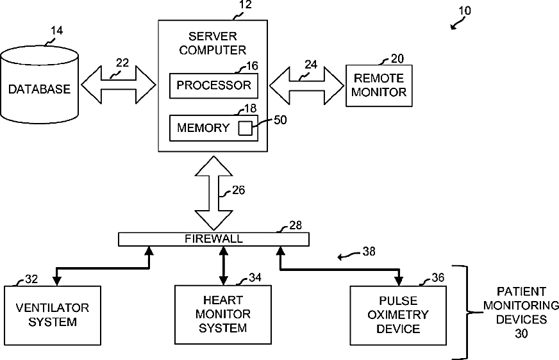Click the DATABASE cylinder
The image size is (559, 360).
pos(39,85)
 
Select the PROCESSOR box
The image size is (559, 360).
pos(213,86)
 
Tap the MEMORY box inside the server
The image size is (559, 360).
pos(213,128)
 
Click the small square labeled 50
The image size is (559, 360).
pos(246,128)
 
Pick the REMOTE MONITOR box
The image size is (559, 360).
pos(379,85)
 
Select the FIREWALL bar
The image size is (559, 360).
pos(213,239)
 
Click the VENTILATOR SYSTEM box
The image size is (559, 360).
pos(53,315)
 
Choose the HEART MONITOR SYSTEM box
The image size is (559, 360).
pos(223,315)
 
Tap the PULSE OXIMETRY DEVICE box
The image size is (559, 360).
pos(398,315)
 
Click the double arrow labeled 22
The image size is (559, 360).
pos(119,85)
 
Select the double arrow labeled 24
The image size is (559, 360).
pos(306,85)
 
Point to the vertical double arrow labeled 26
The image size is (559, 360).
pos(213,193)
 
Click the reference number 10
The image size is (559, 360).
pos(465,11)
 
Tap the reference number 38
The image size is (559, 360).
pos(369,251)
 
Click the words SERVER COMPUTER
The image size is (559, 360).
pos(212,43)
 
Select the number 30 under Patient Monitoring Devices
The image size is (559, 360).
pos(521,334)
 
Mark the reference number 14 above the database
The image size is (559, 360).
pos(56,31)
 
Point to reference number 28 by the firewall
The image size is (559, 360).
pos(296,225)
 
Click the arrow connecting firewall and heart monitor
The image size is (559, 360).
pos(223,266)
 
